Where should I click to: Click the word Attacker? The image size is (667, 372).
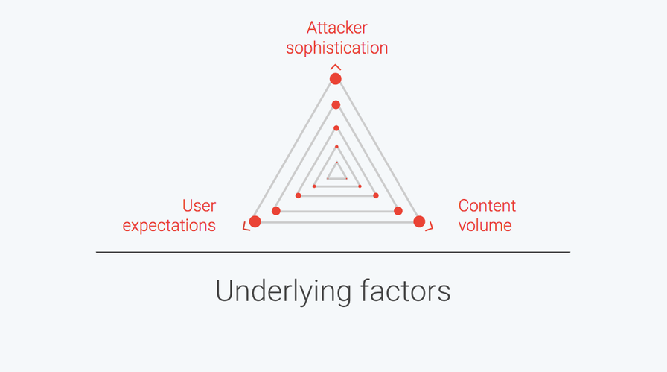click(x=337, y=28)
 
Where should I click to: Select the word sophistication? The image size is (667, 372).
click(x=337, y=48)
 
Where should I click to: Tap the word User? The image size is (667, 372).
click(x=199, y=206)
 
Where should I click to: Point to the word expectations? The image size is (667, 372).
click(x=169, y=226)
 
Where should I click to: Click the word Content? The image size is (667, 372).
click(x=487, y=206)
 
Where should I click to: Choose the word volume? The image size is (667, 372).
click(x=485, y=225)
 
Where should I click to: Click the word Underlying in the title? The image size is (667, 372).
click(x=284, y=292)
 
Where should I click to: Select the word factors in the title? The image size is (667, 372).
click(x=406, y=291)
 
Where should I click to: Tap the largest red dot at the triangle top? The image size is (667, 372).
click(x=336, y=79)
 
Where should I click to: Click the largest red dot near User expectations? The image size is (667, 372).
click(x=255, y=221)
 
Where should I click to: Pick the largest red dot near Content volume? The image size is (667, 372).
click(x=419, y=221)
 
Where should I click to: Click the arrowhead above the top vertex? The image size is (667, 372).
click(x=336, y=66)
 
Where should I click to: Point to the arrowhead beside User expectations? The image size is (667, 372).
click(x=246, y=227)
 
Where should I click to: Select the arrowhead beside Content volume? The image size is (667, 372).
click(x=430, y=227)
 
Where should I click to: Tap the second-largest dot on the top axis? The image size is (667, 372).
click(x=336, y=105)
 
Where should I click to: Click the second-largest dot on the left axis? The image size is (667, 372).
click(x=276, y=211)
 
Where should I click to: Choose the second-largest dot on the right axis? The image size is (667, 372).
click(x=398, y=211)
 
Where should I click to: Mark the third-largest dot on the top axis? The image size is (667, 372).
click(x=336, y=128)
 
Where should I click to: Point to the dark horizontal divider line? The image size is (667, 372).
click(x=333, y=252)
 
